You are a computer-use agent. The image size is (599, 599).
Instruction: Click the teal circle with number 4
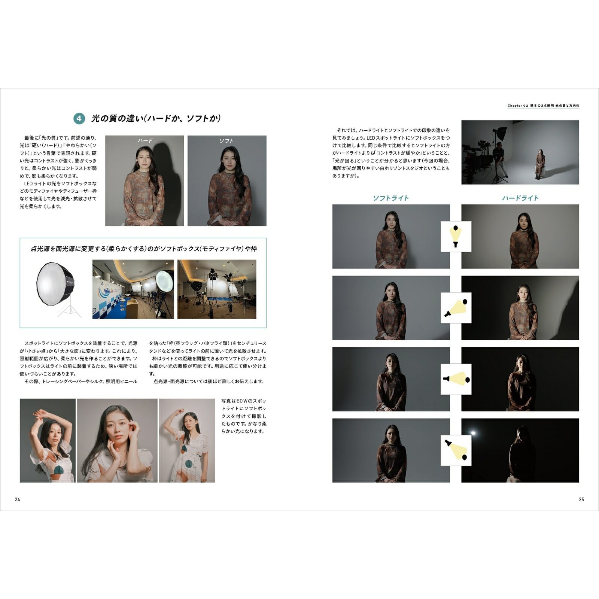(79, 119)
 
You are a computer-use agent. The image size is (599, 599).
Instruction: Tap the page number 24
(17, 499)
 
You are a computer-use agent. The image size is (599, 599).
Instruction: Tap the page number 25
(581, 499)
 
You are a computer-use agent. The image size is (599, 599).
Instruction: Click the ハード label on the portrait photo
(145, 141)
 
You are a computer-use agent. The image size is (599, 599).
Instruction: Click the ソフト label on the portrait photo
(226, 141)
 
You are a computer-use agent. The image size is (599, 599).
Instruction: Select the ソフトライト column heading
(391, 198)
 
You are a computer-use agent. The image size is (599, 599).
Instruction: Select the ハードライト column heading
(520, 198)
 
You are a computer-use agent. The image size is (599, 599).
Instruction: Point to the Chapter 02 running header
(543, 106)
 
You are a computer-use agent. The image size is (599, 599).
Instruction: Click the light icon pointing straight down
(456, 236)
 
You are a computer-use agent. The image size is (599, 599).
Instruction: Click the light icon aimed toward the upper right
(456, 307)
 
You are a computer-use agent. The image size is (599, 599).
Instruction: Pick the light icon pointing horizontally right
(456, 379)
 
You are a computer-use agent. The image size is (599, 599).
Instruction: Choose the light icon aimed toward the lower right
(456, 450)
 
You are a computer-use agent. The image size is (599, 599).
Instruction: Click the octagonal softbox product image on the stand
(57, 287)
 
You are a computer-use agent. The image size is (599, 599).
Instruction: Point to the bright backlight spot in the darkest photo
(473, 433)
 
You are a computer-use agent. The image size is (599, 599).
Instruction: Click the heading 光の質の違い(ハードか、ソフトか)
(156, 119)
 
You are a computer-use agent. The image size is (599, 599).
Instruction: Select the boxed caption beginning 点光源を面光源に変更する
(143, 249)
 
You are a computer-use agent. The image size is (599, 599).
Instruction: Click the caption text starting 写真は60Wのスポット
(244, 416)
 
